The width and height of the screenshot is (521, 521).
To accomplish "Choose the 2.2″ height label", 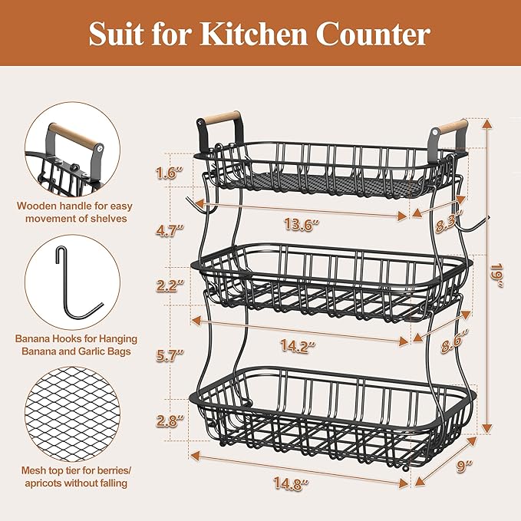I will [167, 285].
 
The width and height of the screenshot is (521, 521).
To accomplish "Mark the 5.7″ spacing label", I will [167, 354].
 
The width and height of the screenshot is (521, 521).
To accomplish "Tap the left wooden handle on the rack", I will [218, 119].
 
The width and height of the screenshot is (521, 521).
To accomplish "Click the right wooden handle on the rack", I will [449, 128].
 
